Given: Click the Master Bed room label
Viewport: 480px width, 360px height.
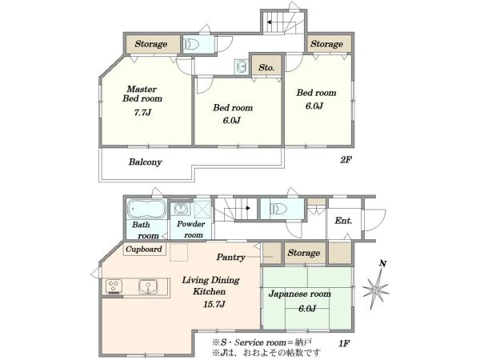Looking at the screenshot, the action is (142, 94).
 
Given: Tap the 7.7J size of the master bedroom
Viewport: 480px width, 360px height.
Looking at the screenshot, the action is (142, 112).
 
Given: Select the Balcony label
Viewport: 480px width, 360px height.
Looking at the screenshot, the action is (145, 162).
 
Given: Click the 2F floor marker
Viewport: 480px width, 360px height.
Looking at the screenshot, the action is (346, 159).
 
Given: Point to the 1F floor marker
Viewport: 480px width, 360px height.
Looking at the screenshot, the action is (344, 343).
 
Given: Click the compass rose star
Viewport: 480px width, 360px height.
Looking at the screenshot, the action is (376, 288).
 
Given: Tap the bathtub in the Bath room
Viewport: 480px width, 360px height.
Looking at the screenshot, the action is (146, 209).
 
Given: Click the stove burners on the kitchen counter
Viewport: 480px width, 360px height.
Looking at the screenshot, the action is (114, 287).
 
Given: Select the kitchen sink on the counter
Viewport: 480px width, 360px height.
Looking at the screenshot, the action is (148, 287).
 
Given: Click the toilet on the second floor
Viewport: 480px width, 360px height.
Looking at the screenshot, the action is (191, 44).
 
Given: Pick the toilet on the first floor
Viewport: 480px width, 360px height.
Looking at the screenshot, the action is (278, 209).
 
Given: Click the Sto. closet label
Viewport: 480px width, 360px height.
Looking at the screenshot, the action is (266, 67).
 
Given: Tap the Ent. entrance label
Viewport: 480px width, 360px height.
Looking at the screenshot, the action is (343, 221).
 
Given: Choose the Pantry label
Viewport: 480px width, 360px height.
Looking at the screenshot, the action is (231, 257).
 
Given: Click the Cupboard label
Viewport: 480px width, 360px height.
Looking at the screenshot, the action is (143, 249).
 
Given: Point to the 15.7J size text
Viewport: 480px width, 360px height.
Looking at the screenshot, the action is (214, 304).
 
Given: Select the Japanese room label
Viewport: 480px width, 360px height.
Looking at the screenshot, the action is (300, 294).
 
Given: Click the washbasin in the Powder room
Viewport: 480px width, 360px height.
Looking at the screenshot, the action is (181, 209).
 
